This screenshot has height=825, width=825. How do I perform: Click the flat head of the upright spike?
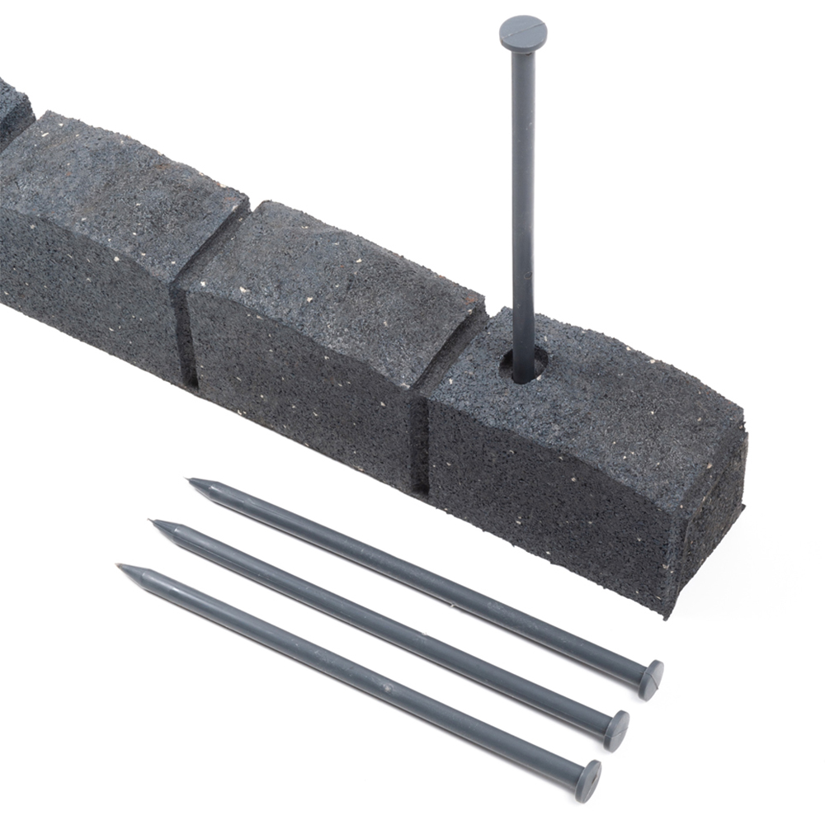[x=523, y=31]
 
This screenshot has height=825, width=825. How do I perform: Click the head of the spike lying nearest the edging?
[x=652, y=679]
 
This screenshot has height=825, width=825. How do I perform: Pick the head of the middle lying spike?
[x=616, y=730]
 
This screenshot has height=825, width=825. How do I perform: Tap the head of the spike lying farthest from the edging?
[x=588, y=780]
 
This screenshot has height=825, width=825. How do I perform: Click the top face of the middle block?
[x=330, y=280]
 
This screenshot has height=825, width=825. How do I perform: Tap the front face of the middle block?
[x=297, y=388]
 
